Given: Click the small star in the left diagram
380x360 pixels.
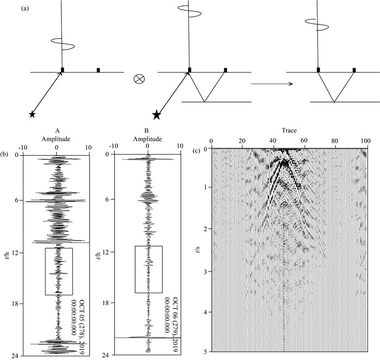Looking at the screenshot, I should coord(32,115).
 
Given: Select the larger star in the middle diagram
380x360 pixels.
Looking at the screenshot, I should coord(157,114).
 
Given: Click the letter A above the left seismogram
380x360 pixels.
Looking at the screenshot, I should coord(56,130).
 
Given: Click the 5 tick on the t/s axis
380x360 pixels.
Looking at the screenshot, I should coord(206,352).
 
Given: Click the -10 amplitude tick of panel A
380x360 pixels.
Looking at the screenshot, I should coord(23,147).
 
